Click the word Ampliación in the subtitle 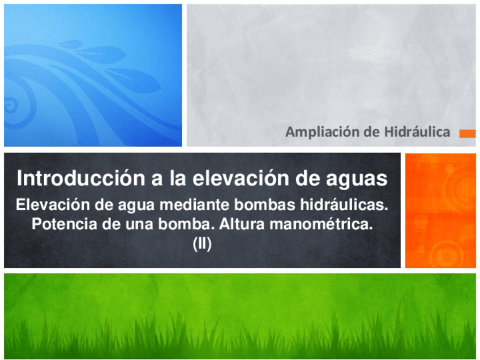click(x=322, y=132)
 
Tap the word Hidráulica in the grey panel click(x=417, y=132)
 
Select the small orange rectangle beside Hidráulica click(x=468, y=134)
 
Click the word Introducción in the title click(x=81, y=178)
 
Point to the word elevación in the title click(x=241, y=178)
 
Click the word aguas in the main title click(x=357, y=179)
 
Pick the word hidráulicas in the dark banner click(x=344, y=204)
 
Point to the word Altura click(x=242, y=224)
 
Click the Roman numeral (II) click(x=202, y=244)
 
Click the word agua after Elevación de click(x=136, y=205)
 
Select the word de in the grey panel click(x=372, y=132)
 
